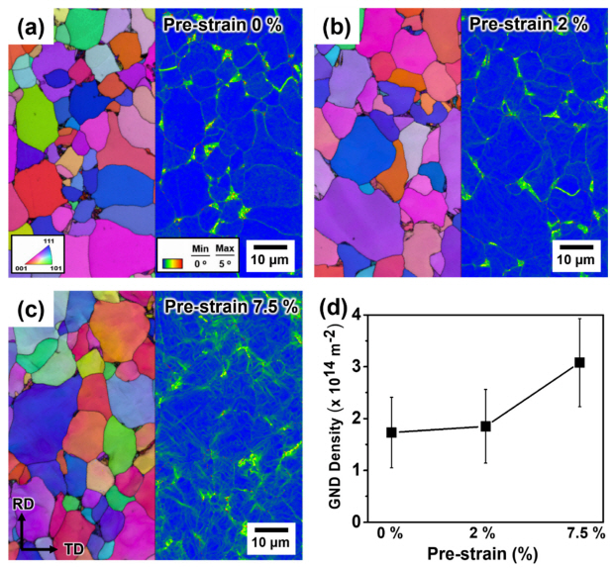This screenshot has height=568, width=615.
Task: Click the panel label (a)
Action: [28, 27]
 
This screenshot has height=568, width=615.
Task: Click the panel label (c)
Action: [28, 309]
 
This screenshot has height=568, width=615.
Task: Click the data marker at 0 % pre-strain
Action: [392, 432]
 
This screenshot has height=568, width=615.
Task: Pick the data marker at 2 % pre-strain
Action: [485, 426]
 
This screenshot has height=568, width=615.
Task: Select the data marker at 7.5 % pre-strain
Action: [579, 362]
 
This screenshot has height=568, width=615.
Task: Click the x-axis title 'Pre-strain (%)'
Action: [484, 555]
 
